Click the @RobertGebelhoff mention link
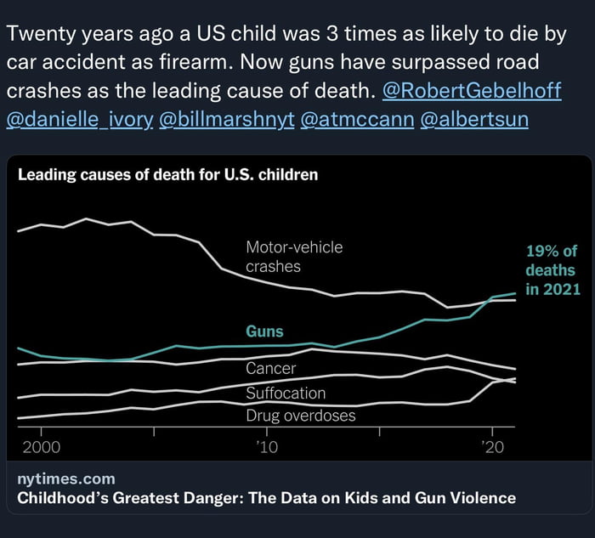[x=473, y=91]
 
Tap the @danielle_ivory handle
[x=80, y=120]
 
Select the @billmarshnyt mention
[x=226, y=120]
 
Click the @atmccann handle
[x=357, y=120]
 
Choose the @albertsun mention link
[x=474, y=120]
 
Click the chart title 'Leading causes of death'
[x=168, y=176]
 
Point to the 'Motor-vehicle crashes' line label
[x=294, y=257]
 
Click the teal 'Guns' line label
[x=264, y=331]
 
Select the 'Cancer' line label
[x=270, y=369]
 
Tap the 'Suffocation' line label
[x=286, y=394]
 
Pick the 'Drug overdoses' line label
[x=301, y=416]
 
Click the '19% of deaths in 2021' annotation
[x=552, y=270]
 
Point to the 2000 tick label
[x=40, y=447]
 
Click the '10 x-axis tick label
[x=267, y=447]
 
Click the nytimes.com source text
[x=65, y=479]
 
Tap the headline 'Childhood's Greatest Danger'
[x=266, y=498]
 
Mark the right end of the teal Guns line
[x=515, y=293]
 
